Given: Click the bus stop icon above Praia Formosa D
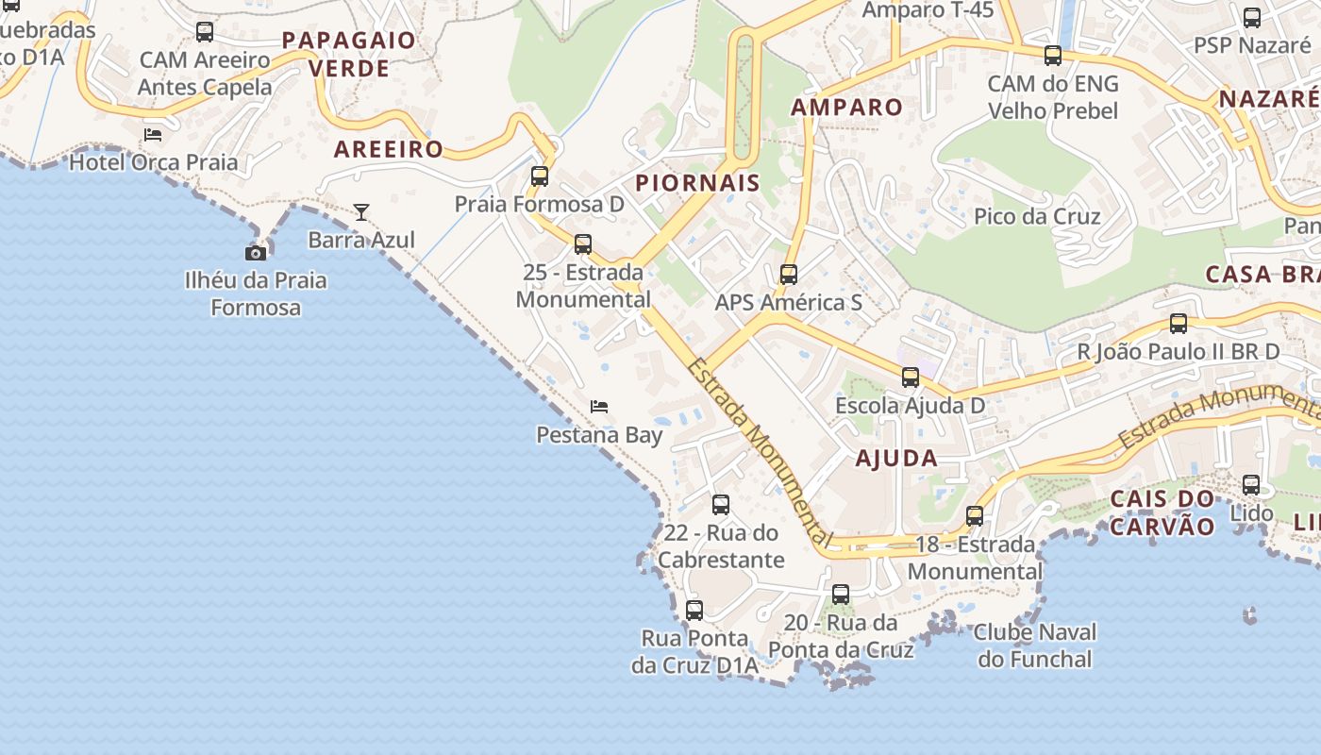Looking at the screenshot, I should pyautogui.click(x=540, y=176).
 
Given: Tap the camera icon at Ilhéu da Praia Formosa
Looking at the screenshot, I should pyautogui.click(x=255, y=253).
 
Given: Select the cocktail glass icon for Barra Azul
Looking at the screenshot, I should pyautogui.click(x=360, y=212).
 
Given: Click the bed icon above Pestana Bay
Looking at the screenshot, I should pyautogui.click(x=599, y=407).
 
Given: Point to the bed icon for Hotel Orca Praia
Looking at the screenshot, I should pyautogui.click(x=153, y=135).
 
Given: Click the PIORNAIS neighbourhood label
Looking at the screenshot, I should pyautogui.click(x=698, y=183).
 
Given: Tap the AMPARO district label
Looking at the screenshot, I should pyautogui.click(x=847, y=107).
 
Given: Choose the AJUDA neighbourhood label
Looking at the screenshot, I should pyautogui.click(x=896, y=459).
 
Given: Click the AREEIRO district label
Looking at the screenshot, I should pyautogui.click(x=389, y=148).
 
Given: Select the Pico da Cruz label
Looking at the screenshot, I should pyautogui.click(x=1037, y=216).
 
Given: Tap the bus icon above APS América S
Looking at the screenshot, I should pyautogui.click(x=789, y=275).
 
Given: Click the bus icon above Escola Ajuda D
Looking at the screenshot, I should pyautogui.click(x=911, y=377).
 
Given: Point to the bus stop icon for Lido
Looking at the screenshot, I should pyautogui.click(x=1251, y=485).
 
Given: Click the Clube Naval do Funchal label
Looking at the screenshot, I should pyautogui.click(x=1035, y=646).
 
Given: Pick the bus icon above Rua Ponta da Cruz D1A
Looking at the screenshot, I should pyautogui.click(x=694, y=611).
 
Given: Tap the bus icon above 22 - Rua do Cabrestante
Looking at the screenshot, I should pyautogui.click(x=721, y=505).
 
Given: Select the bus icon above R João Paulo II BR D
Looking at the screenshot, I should pyautogui.click(x=1179, y=324).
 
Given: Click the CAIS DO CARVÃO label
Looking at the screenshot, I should pyautogui.click(x=1162, y=512).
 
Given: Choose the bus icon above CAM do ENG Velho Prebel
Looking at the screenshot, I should pyautogui.click(x=1053, y=56).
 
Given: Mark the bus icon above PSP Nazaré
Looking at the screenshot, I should pyautogui.click(x=1252, y=17).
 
